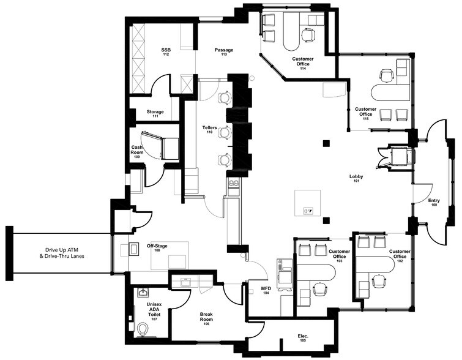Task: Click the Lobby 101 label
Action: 356,178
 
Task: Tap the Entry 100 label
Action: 434,202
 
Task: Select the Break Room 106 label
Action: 206,319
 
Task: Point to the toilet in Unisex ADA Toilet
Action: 143,329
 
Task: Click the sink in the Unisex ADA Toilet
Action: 143,293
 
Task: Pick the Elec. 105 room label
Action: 303,337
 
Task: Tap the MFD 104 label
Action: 266,290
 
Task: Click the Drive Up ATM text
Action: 62,250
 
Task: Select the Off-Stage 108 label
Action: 157,248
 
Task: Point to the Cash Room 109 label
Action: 137,152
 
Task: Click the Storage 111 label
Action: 155,113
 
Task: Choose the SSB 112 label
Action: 166,51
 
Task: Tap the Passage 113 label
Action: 224,51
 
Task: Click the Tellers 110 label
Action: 209,129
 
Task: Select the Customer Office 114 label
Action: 303,63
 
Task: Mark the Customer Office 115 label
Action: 366,113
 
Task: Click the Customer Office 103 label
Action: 340,256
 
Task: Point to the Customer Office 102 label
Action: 400,256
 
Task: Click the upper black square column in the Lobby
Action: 326,143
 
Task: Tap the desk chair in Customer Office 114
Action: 308,34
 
